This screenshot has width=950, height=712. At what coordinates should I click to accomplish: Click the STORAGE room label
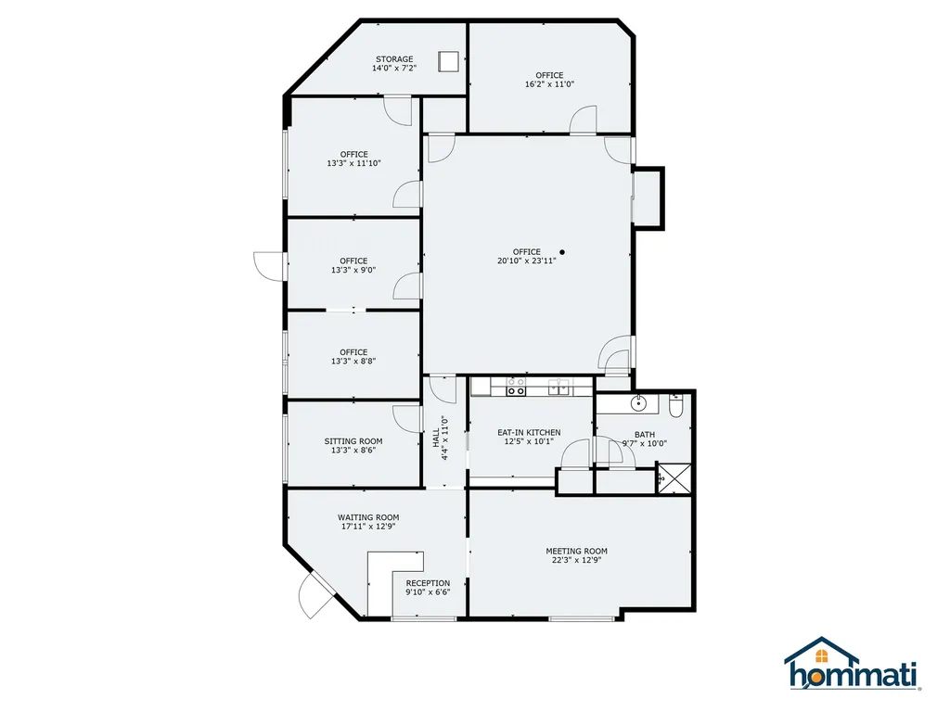394,58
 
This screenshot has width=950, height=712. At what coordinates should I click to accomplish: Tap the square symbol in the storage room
448,61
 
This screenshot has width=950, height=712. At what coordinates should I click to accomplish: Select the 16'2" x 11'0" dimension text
549,84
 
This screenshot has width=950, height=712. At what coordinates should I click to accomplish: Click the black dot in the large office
562,252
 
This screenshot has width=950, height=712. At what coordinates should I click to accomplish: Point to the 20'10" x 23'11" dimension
527,261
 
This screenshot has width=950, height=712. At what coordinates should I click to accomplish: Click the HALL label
436,438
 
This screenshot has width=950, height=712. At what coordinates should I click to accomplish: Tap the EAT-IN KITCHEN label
529,432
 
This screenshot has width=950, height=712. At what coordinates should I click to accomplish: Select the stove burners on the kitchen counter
516,388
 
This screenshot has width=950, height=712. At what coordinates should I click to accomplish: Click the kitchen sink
558,388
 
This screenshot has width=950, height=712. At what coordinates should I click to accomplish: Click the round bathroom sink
637,403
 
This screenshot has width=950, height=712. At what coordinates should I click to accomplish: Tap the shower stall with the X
674,478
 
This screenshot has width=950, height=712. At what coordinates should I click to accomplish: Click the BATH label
645,434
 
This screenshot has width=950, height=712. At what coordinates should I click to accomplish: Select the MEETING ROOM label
576,551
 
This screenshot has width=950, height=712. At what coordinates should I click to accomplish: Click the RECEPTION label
428,583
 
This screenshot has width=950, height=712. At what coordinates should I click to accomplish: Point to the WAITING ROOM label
368,517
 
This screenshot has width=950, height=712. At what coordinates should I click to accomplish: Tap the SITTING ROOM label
353,441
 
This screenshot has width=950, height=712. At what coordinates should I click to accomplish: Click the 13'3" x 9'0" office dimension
353,270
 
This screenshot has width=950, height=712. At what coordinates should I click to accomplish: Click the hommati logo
854,664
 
